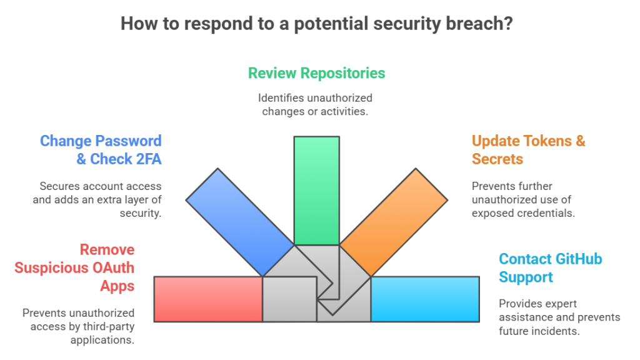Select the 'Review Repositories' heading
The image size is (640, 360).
click(x=316, y=73)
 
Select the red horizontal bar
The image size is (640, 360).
click(x=207, y=299)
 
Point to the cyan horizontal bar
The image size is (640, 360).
click(x=425, y=299)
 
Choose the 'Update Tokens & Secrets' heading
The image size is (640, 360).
click(x=528, y=150)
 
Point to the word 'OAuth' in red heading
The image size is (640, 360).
click(x=112, y=268)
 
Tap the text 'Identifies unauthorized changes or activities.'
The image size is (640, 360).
click(x=316, y=105)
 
